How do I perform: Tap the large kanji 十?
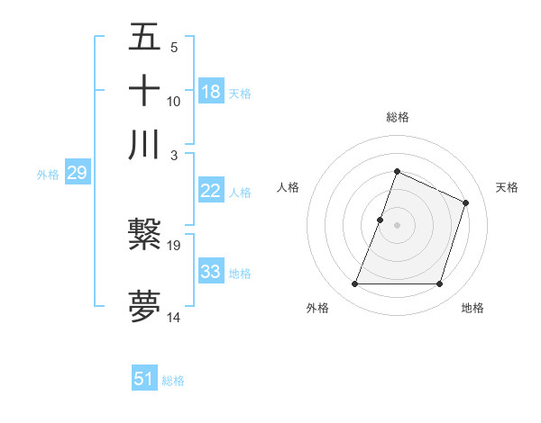tap(144, 92)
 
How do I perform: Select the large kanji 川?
tap(144, 145)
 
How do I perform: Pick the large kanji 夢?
tap(144, 307)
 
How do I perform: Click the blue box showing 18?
tap(210, 92)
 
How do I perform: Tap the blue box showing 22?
tap(210, 191)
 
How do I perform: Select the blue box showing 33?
tap(210, 272)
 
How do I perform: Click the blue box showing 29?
tap(77, 173)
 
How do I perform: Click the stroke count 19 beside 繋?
tap(175, 244)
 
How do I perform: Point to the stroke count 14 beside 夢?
tap(175, 317)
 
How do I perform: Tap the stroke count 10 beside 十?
tap(174, 101)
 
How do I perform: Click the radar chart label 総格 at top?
tap(397, 117)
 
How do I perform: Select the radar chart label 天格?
tap(507, 187)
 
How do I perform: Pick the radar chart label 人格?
tap(289, 187)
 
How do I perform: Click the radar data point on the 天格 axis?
tap(466, 202)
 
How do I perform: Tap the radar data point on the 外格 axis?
tap(354, 284)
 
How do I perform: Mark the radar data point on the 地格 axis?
tap(440, 284)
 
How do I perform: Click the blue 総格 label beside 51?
tap(173, 381)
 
